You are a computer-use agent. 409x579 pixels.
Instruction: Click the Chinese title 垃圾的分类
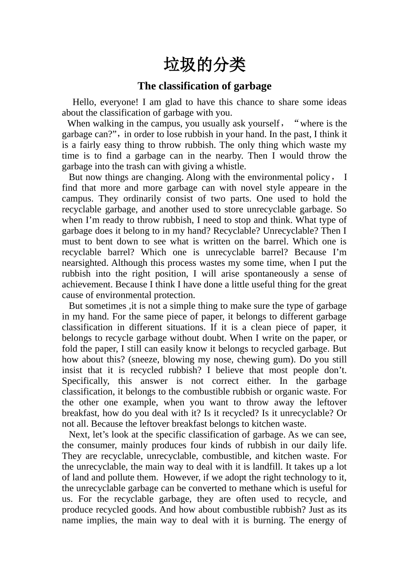pos(204,65)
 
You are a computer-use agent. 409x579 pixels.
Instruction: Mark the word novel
pos(251,188)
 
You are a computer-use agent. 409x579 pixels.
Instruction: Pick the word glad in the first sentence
pos(172,102)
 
